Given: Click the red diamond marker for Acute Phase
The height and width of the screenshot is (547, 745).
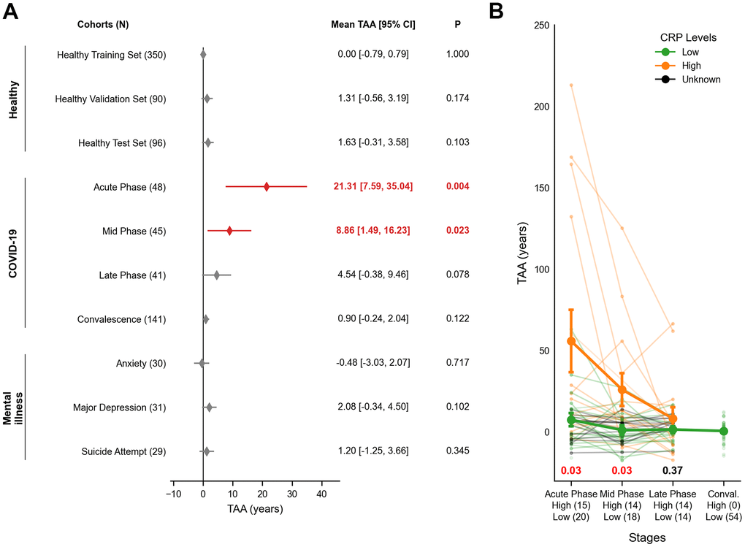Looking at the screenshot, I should pyautogui.click(x=267, y=187).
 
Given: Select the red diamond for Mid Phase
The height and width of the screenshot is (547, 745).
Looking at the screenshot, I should pyautogui.click(x=229, y=231).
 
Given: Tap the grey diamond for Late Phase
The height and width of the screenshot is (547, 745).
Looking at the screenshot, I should pyautogui.click(x=216, y=275).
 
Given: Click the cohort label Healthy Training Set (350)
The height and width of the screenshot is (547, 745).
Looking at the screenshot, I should pyautogui.click(x=111, y=55).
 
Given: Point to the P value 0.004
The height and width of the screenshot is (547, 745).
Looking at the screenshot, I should pyautogui.click(x=457, y=187).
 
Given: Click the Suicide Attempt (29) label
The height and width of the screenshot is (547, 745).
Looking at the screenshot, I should pyautogui.click(x=123, y=451).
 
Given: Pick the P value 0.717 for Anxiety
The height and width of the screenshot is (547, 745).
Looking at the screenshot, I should pyautogui.click(x=457, y=363).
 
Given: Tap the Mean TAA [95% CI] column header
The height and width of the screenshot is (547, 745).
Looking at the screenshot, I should pyautogui.click(x=372, y=24).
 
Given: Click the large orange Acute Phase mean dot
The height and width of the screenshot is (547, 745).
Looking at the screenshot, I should pyautogui.click(x=572, y=341).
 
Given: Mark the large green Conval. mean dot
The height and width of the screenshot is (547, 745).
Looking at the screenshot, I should pyautogui.click(x=724, y=431).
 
